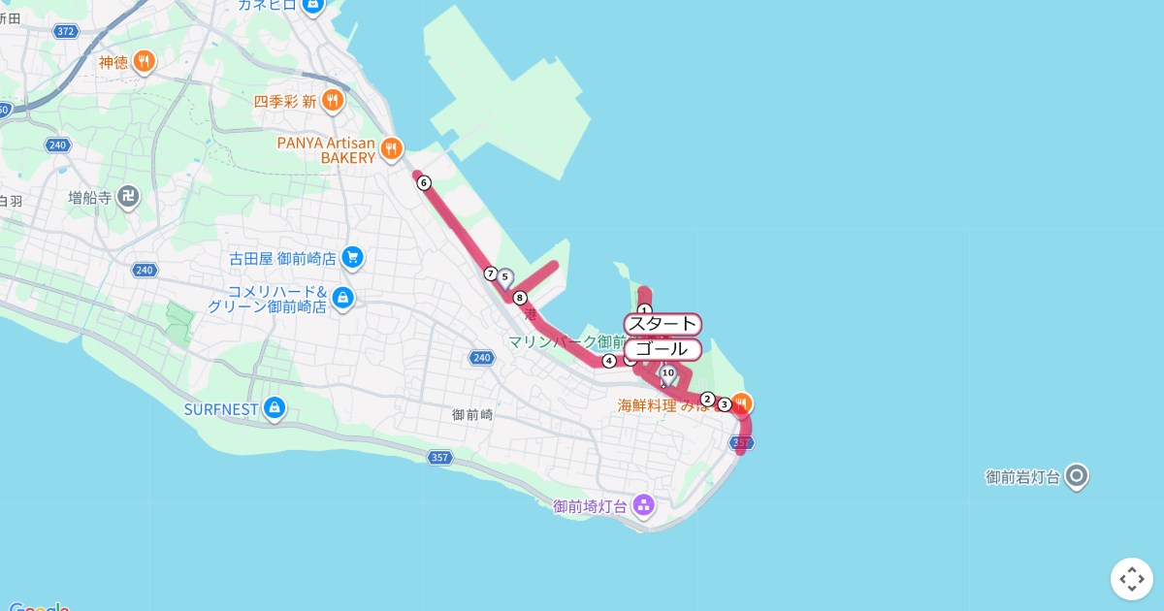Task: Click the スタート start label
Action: (663, 324)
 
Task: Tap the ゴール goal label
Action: (663, 349)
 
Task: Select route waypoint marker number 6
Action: (424, 182)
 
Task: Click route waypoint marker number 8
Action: (520, 298)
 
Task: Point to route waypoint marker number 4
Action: (609, 362)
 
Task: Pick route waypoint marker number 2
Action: (707, 400)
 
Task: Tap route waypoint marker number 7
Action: (491, 273)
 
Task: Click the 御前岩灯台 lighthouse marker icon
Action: (1077, 476)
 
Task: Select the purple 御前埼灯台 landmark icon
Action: (642, 504)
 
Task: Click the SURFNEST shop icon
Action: (275, 408)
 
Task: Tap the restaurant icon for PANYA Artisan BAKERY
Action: (391, 148)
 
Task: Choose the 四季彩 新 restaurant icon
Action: (333, 100)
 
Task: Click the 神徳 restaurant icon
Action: (144, 62)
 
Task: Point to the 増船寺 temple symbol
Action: (128, 198)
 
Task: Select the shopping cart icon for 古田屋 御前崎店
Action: (352, 258)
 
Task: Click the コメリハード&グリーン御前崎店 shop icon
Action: (341, 298)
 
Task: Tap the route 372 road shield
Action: (66, 32)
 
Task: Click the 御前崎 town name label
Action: (472, 414)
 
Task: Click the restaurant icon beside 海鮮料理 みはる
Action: (741, 403)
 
